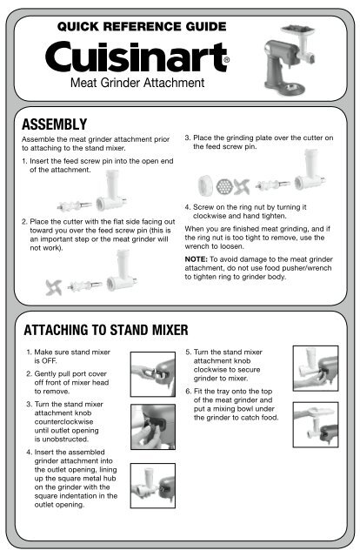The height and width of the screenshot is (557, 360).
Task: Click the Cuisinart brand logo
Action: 137,57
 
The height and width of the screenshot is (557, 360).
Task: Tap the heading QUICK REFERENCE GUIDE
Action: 142,27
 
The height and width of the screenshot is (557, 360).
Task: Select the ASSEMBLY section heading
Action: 54,124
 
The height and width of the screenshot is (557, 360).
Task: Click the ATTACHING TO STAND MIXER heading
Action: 106,330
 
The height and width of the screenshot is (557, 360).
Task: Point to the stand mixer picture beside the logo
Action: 290,60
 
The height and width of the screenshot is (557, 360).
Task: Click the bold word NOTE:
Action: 196,259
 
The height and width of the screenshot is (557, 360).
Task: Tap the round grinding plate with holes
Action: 224,186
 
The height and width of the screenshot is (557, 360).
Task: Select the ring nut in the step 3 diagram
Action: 205,185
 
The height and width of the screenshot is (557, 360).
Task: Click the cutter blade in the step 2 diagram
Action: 54,287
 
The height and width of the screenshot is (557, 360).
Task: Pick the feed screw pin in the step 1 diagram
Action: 74,205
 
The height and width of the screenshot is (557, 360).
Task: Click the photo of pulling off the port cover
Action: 153,374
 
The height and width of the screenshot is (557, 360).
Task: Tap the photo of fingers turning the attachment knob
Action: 153,426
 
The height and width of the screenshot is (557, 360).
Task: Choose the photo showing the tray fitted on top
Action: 316,425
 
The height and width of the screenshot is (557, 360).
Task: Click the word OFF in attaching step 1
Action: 49,361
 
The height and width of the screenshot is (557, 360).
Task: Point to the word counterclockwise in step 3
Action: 63,421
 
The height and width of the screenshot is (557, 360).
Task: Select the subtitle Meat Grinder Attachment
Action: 137,83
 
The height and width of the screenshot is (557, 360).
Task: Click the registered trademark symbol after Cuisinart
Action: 226,60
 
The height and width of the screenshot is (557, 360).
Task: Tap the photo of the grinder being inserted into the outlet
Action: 153,486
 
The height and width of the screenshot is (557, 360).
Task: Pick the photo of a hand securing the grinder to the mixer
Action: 316,368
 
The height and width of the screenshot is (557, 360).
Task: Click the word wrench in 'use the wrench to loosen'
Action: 197,246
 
